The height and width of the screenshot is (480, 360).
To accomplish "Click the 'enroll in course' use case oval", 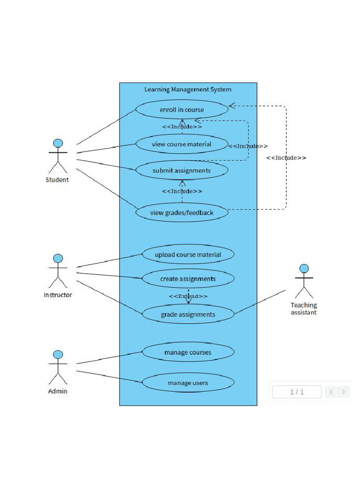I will (182, 110).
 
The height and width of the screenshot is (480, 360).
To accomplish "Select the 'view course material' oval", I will (182, 144).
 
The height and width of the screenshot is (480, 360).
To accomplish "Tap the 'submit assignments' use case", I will (182, 171).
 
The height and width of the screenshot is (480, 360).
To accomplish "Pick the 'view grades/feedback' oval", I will (182, 213).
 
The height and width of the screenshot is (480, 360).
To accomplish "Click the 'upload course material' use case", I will (188, 255).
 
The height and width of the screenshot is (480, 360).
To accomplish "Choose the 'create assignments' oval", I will (188, 279).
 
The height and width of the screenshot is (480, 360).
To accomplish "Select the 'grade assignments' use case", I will (188, 315).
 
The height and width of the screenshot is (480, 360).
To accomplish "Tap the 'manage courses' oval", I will (188, 352).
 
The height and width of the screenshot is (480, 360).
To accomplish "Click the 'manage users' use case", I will (188, 383).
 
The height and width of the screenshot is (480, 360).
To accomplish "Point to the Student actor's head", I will (58, 143).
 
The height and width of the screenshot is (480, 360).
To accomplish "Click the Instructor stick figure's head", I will (58, 258).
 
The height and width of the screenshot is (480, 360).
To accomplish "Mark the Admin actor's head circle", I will (58, 354).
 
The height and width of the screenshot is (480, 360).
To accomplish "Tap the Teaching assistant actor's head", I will (304, 269).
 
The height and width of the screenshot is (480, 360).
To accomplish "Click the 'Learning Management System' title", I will (188, 90).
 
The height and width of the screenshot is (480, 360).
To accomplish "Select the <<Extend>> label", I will (188, 296).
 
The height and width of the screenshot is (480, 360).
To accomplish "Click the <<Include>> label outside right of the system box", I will (286, 158).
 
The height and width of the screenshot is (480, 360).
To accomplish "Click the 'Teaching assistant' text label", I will (304, 308).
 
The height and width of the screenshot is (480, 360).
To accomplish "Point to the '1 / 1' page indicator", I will (297, 392).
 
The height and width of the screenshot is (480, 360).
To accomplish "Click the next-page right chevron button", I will (344, 392).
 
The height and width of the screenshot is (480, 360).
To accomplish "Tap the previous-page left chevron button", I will (331, 392).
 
